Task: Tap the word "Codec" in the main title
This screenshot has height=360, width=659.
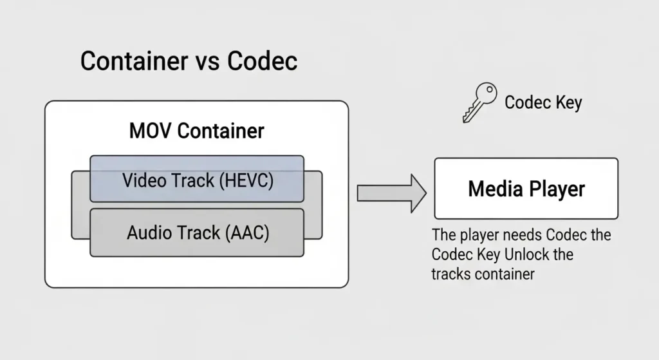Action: [262, 61]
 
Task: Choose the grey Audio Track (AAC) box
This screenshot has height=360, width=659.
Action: [196, 232]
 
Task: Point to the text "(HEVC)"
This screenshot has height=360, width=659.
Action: [246, 180]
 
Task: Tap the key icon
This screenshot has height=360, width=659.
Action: [478, 102]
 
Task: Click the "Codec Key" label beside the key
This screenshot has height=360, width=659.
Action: [543, 102]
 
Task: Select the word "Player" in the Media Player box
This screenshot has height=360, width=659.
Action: [557, 189]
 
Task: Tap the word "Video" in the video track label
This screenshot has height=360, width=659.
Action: [144, 180]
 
